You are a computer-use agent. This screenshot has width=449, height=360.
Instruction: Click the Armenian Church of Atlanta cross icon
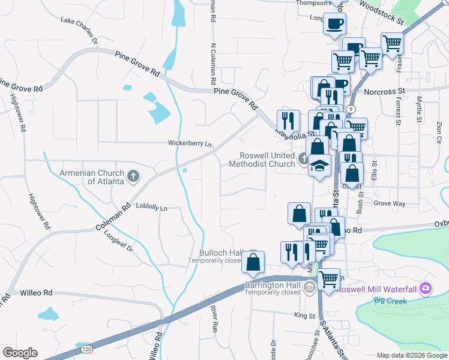pos(133,176)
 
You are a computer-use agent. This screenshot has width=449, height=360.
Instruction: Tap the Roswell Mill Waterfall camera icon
pos(426,289)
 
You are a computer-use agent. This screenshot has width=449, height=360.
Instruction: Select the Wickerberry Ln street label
pos(190,144)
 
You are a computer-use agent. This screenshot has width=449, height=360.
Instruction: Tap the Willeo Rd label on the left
pos(37,293)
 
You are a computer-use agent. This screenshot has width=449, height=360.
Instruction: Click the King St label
pos(304,315)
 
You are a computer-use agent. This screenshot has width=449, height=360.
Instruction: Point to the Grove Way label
pos(390,204)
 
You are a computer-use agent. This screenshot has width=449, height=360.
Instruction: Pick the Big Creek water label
pos(387,299)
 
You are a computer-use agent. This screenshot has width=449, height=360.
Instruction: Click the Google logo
pos(20,353)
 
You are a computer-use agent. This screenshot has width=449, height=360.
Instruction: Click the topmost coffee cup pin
pos(334,25)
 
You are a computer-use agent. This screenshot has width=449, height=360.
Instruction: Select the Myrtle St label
pos(419,109)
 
